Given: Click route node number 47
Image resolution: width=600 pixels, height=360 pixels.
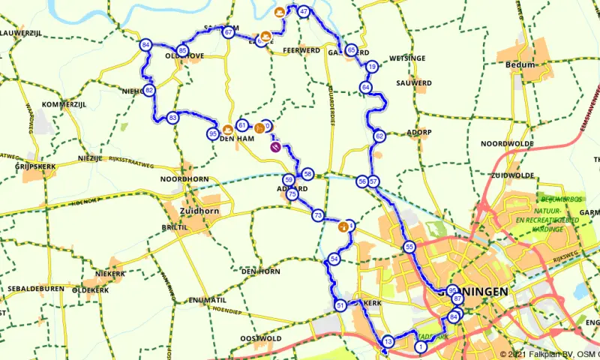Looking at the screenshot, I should point(304,12).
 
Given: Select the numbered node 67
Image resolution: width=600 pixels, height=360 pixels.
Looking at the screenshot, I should point(227,32).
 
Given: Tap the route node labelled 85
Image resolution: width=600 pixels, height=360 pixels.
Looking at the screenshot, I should point(182,50).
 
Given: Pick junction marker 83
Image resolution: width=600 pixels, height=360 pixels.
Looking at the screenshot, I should point(173,118).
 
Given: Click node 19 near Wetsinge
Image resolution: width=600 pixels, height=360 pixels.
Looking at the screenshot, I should point(371,67).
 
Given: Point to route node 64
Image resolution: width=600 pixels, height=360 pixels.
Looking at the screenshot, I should point(365,88).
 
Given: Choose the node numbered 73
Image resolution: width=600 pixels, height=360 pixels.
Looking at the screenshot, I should point(318,215).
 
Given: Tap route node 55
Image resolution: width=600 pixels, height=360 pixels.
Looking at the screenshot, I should point(409,247).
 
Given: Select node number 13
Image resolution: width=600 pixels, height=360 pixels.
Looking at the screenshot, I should point(388,342).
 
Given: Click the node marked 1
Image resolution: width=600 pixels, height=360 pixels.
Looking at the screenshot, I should point(421,346).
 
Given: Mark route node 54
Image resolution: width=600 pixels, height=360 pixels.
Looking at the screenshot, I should point(334,259).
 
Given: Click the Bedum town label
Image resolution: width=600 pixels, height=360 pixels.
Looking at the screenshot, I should point(520,65).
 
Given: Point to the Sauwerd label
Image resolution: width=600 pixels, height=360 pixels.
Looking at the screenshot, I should point(415,82).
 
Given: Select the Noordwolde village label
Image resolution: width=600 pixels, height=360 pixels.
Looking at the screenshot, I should point(506,143).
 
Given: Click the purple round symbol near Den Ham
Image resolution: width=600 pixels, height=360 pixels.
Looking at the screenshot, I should point(276,147).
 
